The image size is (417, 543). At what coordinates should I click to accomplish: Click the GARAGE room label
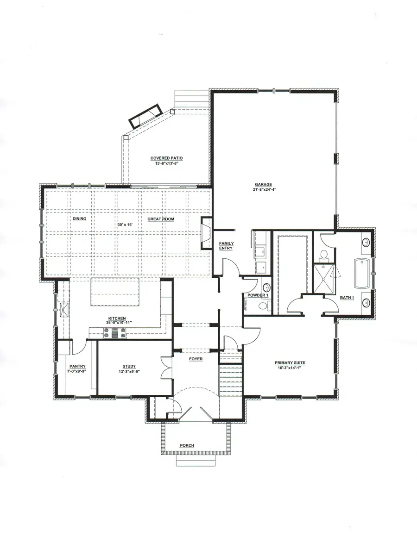coord(263,184)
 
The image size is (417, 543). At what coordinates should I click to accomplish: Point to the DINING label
coord(79,219)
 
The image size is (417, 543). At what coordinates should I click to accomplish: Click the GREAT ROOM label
coord(161,219)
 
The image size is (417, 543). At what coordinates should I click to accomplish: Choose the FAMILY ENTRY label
coord(226,246)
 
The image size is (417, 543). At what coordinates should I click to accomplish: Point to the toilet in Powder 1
coord(263,306)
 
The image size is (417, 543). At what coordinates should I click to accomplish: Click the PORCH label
coord(187,445)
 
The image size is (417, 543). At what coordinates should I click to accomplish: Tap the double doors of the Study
coord(166,368)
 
